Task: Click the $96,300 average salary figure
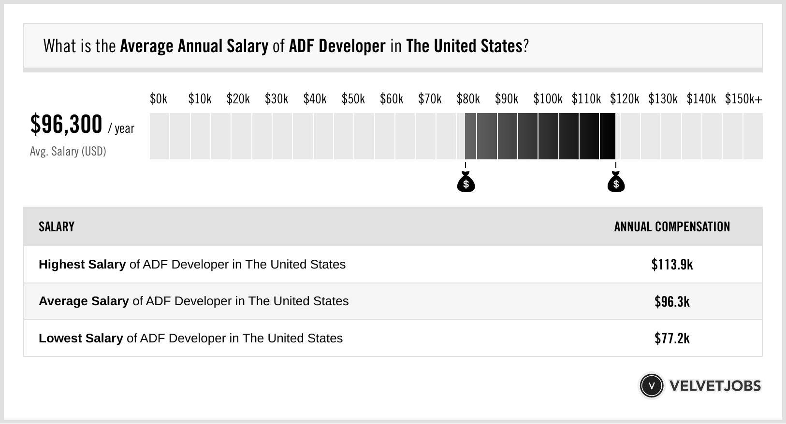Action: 66,125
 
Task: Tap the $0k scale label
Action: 158,99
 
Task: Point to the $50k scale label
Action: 353,99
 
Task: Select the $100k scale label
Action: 548,99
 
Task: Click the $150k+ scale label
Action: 743,99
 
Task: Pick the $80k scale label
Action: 468,99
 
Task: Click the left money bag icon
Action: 466,182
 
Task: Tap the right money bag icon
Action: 616,182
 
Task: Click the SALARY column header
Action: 57,227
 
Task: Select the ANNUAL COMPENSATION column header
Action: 672,227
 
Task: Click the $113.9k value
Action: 672,265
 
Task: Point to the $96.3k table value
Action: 672,302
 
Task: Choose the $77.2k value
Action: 672,339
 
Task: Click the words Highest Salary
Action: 82,265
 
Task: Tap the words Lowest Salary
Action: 81,339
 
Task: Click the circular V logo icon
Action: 651,386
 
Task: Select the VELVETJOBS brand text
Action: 715,386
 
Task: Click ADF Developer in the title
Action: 337,46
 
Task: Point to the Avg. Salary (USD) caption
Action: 68,152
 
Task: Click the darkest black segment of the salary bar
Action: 608,136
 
